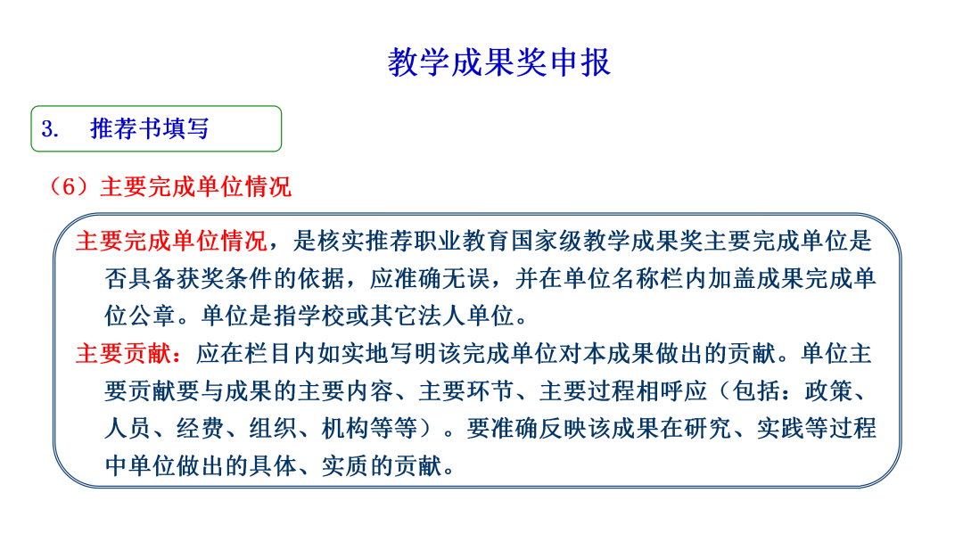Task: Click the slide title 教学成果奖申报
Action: [498, 62]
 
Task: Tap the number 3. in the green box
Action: [50, 129]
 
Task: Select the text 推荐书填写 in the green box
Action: [150, 129]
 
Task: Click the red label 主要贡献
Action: [124, 354]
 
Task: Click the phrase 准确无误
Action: [441, 279]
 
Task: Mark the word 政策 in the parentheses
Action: [828, 391]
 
